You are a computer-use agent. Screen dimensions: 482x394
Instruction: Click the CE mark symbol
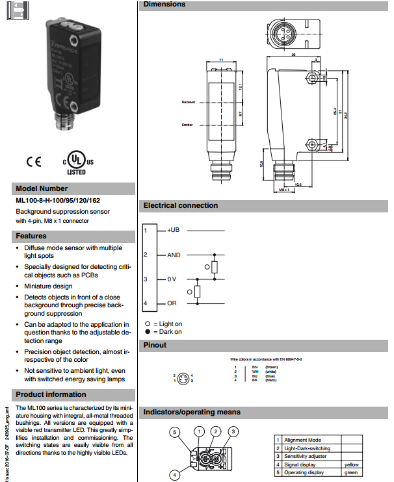(33, 161)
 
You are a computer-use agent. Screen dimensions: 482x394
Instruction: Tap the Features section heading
(31, 236)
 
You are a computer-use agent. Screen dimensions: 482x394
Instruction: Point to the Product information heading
(51, 394)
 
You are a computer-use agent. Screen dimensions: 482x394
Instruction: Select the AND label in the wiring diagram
(174, 255)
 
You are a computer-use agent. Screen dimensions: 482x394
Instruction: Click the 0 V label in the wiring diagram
(172, 279)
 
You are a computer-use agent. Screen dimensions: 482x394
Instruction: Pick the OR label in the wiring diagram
(172, 303)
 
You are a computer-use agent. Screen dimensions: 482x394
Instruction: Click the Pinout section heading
(155, 345)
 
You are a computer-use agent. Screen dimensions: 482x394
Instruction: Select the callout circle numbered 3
(233, 431)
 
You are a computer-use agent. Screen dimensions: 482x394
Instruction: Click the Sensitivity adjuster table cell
(306, 456)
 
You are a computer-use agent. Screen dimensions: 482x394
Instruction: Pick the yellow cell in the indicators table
(351, 464)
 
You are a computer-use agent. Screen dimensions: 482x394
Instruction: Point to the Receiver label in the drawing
(189, 102)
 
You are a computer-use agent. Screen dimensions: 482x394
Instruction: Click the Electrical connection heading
(180, 206)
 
